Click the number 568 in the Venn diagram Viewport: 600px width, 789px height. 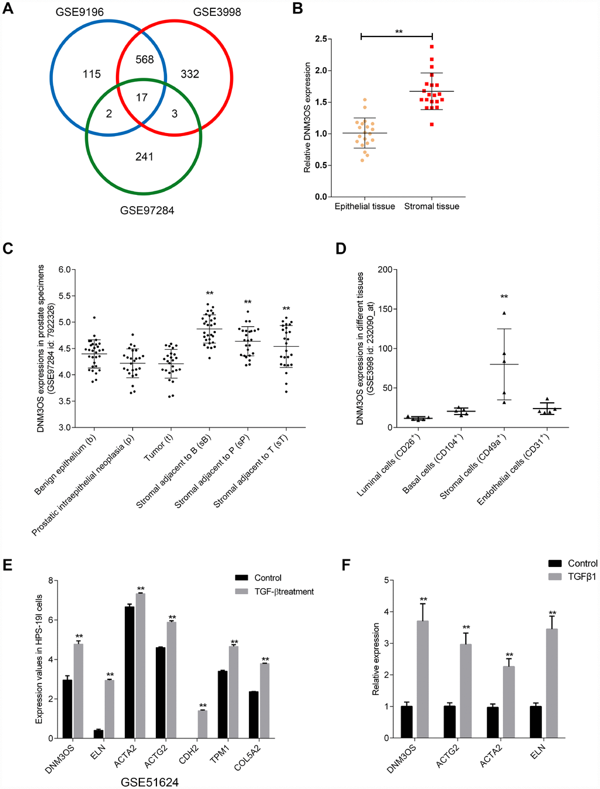click(144, 59)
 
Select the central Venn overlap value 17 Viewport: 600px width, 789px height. click(142, 98)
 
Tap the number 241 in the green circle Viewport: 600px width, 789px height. click(144, 157)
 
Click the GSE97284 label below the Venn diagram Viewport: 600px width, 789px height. click(147, 210)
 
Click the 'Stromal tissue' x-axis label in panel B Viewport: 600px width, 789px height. click(432, 206)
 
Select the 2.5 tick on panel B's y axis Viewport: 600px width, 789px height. click(321, 39)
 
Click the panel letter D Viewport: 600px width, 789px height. click(341, 248)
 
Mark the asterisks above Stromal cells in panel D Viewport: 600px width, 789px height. click(504, 297)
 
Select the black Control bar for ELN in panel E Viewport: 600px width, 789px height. click(98, 734)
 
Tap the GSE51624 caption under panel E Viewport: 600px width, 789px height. click(150, 782)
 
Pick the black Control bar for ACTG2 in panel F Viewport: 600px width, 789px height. click(450, 721)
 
